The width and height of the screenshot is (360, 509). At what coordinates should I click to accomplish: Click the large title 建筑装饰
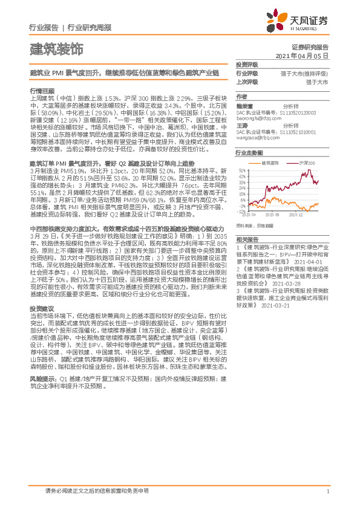pyautogui.click(x=56, y=48)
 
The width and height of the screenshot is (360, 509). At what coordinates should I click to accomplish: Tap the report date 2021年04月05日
pyautogui.click(x=302, y=55)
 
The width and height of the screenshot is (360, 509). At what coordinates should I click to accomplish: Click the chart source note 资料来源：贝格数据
pyautogui.click(x=253, y=225)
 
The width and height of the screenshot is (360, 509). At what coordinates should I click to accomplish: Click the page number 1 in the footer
pyautogui.click(x=327, y=491)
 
